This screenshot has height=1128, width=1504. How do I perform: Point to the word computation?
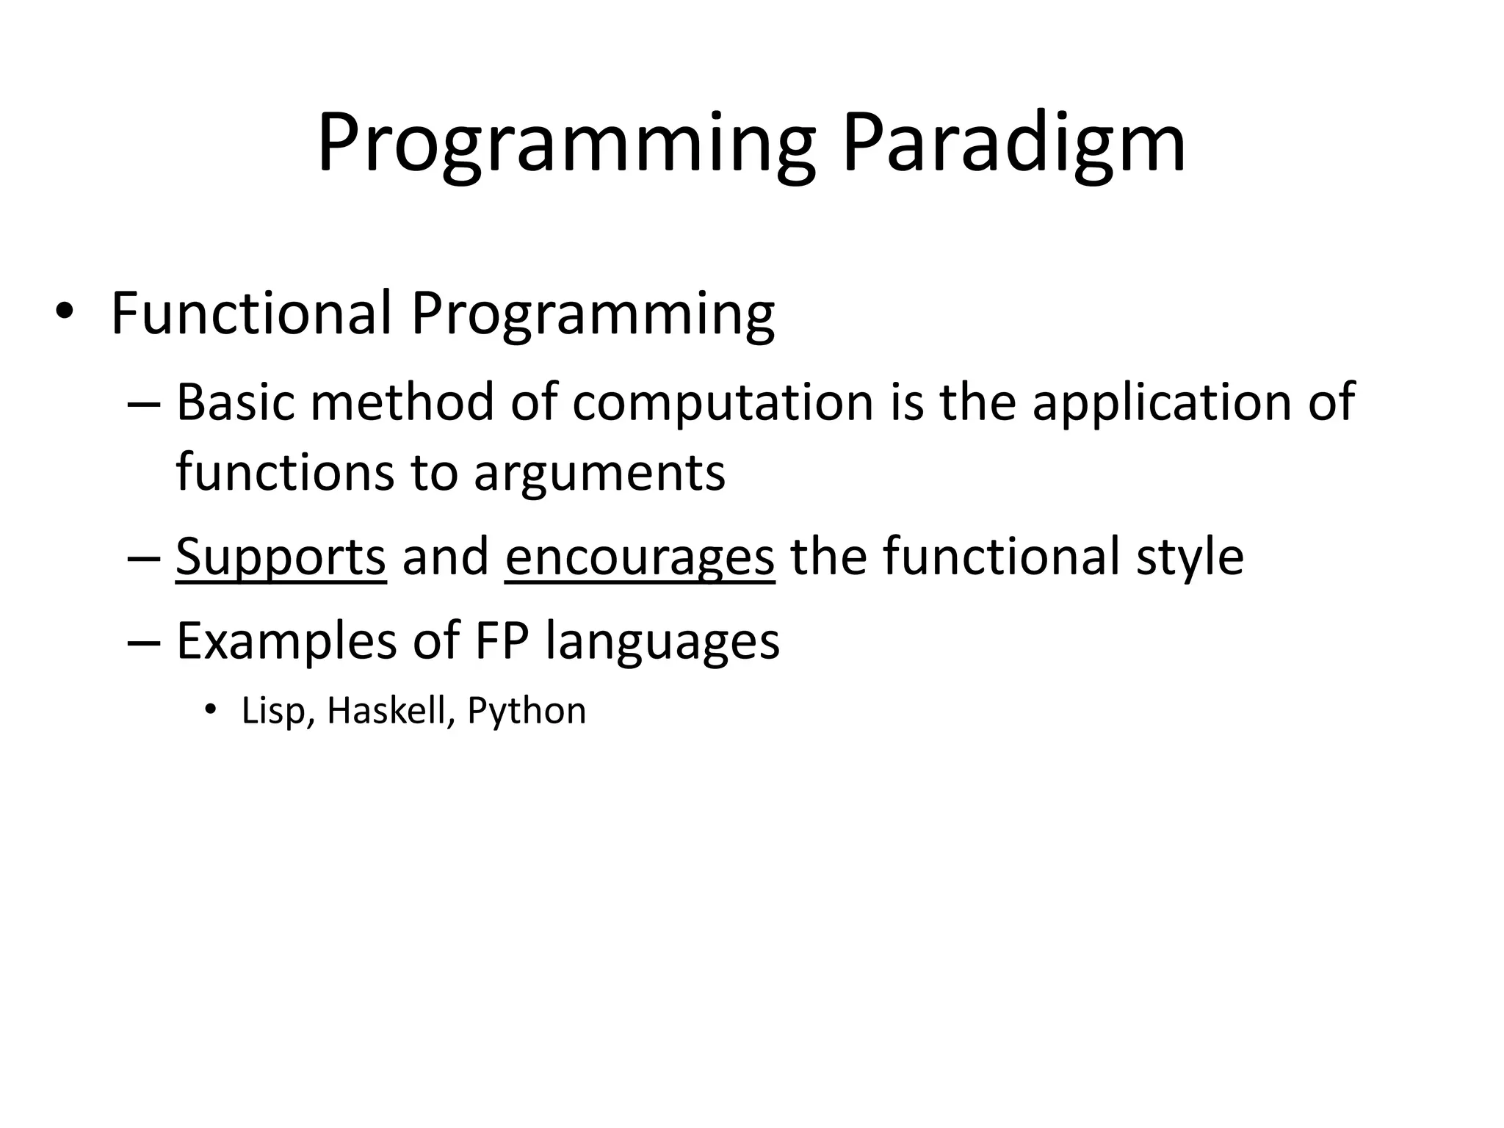(x=723, y=404)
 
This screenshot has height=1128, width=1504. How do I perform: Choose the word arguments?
(x=599, y=472)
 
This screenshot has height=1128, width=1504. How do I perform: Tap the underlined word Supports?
(x=281, y=557)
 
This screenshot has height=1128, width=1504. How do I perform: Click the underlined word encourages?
(x=640, y=557)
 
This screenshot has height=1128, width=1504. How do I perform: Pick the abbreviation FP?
(x=502, y=640)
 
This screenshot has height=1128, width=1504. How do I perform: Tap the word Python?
(x=527, y=711)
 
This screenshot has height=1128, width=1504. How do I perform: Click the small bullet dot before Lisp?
(x=211, y=709)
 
